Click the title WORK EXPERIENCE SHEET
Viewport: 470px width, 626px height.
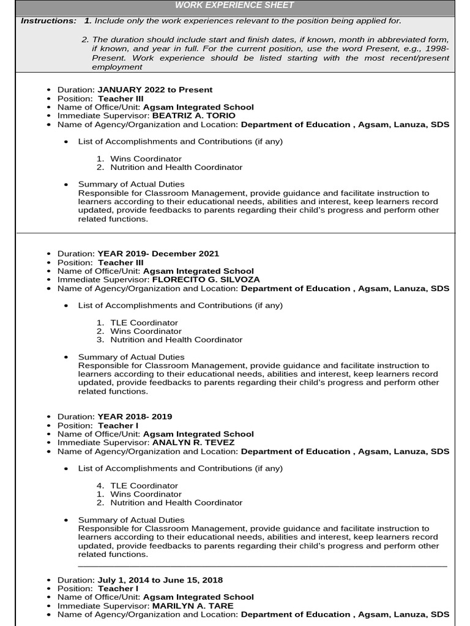(x=234, y=6)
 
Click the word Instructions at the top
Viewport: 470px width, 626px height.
(x=48, y=21)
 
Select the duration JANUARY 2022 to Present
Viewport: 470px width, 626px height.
(x=155, y=90)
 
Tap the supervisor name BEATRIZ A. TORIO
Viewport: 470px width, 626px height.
(x=193, y=116)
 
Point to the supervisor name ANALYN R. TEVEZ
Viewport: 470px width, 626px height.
(x=193, y=443)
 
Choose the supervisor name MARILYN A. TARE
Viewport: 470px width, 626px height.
(x=192, y=606)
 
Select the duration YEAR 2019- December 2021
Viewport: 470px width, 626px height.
(x=158, y=254)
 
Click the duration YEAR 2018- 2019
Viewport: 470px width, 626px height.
(x=135, y=417)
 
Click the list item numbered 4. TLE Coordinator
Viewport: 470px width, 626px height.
(x=144, y=485)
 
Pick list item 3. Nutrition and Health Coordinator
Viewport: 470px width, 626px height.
(x=176, y=340)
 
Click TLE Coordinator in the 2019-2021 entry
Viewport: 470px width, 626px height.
(x=144, y=323)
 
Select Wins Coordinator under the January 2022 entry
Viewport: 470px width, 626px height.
(x=146, y=159)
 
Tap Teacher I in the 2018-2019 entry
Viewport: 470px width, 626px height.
(x=118, y=425)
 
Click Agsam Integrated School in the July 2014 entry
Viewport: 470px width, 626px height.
(x=198, y=597)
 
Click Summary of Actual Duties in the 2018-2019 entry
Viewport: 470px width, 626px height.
(x=131, y=520)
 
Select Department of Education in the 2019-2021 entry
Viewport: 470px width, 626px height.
(x=295, y=289)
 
